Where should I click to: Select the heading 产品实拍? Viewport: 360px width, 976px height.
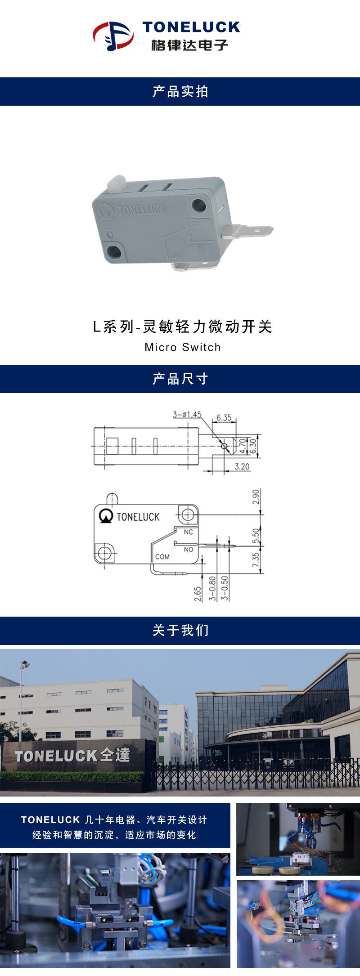[x=180, y=92]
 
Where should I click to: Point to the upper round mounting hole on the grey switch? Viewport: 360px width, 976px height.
[x=198, y=206]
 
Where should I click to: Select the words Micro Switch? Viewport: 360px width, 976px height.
[x=183, y=347]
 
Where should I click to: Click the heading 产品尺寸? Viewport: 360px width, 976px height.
[x=180, y=379]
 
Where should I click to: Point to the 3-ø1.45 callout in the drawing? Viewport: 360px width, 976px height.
[x=187, y=414]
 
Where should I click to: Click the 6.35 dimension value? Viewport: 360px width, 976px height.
[x=224, y=417]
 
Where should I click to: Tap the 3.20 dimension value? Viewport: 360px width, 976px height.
[x=242, y=466]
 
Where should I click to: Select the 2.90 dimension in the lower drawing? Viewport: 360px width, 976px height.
[x=256, y=497]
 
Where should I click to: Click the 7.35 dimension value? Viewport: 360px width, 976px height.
[x=256, y=560]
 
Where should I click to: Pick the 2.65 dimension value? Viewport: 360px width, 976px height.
[x=198, y=594]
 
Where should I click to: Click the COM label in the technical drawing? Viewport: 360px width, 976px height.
[x=162, y=557]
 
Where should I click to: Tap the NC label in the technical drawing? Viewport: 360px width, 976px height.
[x=188, y=532]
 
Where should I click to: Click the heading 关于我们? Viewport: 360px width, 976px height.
[x=180, y=630]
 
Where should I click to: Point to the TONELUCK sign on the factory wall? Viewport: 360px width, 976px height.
[x=72, y=755]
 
